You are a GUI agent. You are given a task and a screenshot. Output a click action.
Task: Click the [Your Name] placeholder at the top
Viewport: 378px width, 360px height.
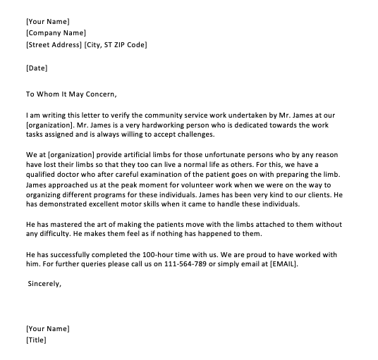coord(47,21)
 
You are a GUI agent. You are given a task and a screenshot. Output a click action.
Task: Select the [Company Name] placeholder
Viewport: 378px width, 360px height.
coord(55,33)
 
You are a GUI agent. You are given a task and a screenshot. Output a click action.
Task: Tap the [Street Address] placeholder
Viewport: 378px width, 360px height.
coord(53,45)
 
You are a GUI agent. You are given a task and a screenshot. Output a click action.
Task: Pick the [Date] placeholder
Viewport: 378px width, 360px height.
coord(37,68)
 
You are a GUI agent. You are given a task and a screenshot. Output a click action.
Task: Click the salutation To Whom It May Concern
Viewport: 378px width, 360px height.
coord(71,93)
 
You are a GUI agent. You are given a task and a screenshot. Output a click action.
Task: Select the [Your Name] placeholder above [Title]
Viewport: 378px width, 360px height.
coord(47,329)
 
